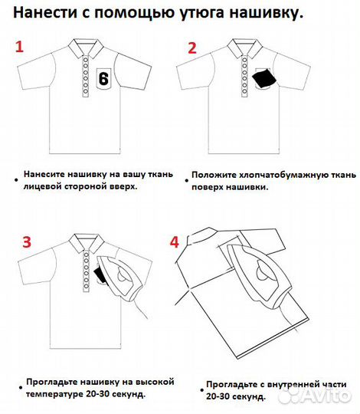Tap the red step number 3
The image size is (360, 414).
point(26,242)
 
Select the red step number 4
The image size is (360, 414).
point(174,242)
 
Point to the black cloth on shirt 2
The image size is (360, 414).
point(264,78)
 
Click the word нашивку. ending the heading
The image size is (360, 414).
point(267,13)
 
